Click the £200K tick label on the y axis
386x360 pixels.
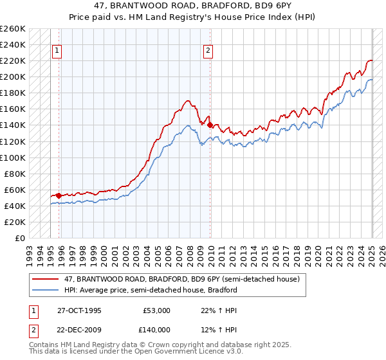[13, 77]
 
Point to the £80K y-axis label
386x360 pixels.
[15, 174]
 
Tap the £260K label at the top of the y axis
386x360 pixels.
[13, 29]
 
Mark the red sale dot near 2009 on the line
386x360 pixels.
[210, 125]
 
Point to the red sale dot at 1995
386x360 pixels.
[59, 195]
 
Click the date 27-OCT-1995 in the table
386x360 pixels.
[79, 310]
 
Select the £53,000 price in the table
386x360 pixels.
[156, 310]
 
